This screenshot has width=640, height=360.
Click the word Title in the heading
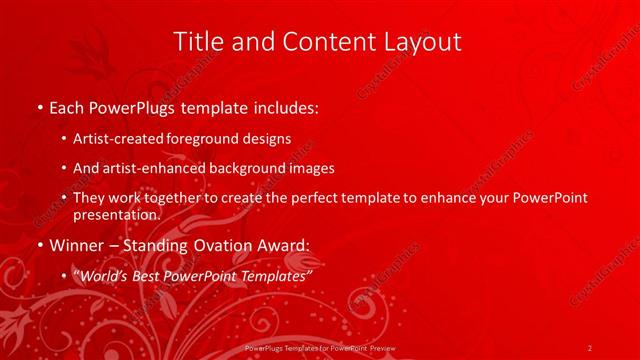197,42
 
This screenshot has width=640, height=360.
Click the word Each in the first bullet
68,105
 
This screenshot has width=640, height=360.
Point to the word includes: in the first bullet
284,105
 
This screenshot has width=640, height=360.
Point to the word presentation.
116,214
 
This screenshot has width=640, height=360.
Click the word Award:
283,245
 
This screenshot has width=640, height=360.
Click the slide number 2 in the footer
590,347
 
